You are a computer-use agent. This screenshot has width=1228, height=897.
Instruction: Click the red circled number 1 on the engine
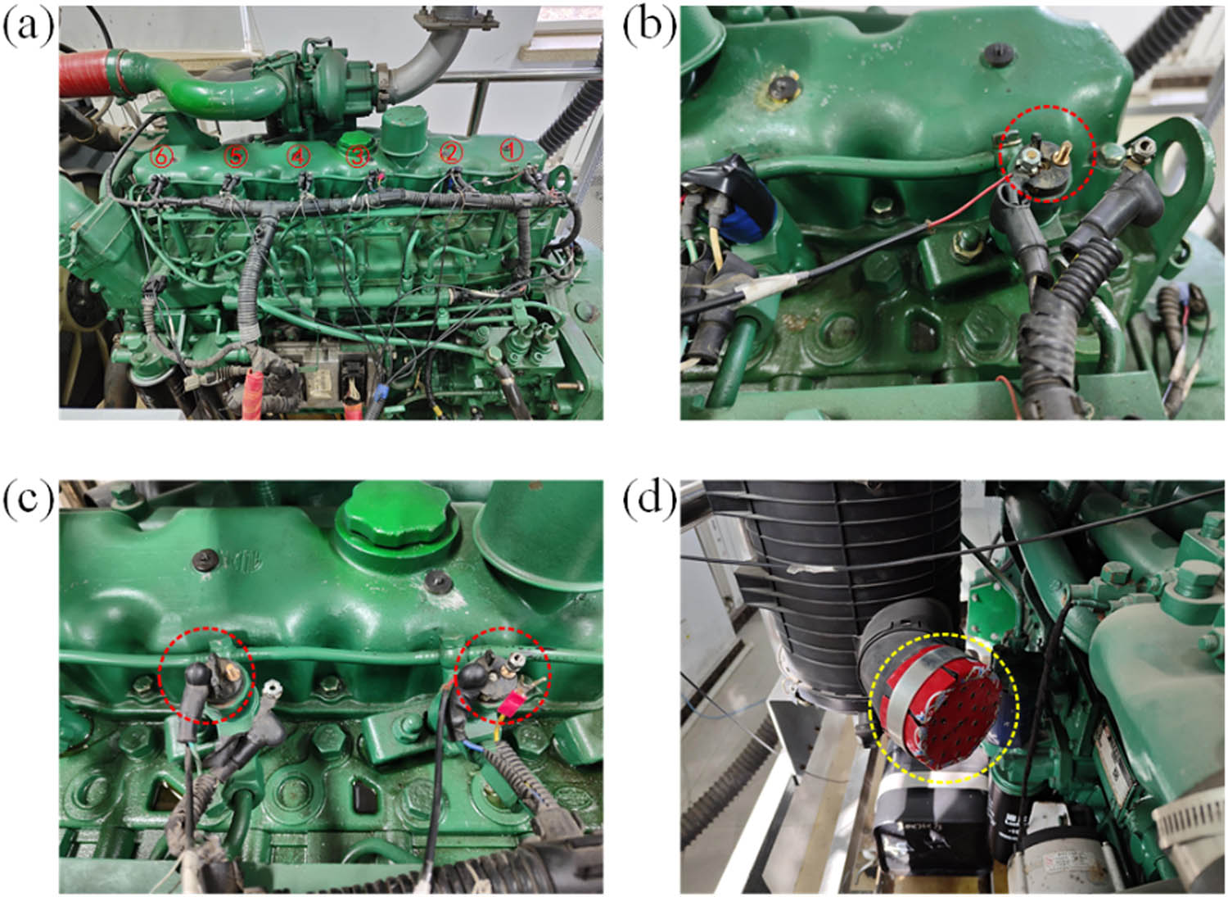511,149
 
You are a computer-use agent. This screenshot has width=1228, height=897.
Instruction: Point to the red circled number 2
451,152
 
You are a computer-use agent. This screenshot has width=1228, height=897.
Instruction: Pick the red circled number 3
357,156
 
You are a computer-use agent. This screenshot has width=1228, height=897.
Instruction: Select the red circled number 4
298,155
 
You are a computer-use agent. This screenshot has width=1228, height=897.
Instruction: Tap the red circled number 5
236,156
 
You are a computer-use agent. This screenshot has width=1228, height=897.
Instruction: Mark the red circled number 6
162,156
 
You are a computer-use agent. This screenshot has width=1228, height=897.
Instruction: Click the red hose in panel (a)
86,70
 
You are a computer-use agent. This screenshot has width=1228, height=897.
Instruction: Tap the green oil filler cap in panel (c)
397,517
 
